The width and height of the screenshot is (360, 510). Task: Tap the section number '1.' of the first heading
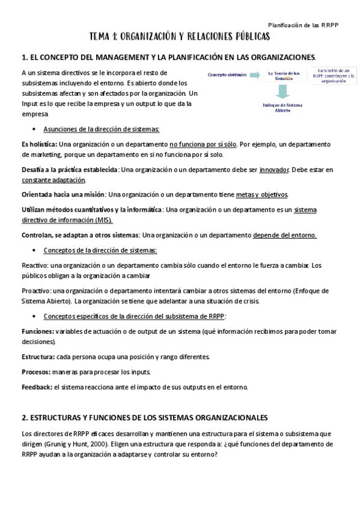tap(25, 57)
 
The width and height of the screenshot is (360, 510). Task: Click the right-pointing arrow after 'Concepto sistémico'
tap(251, 76)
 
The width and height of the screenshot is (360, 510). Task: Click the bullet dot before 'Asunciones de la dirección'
tap(37, 129)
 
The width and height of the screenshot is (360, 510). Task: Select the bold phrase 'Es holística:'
tap(39, 144)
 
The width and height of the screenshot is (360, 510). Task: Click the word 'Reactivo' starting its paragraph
tap(34, 265)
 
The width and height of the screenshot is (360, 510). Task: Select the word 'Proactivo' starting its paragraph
tap(36, 290)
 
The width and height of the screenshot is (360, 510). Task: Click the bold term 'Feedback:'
tap(37, 387)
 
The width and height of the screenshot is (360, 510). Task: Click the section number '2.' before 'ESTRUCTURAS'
tap(25, 417)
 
